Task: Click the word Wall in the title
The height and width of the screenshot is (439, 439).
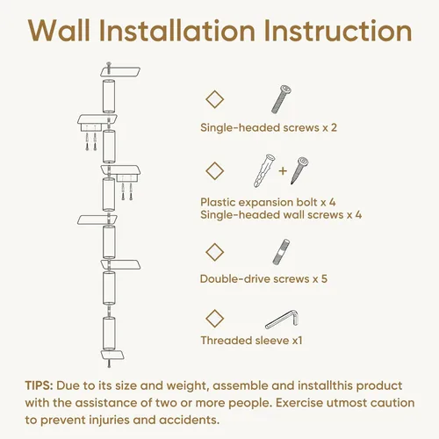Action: pyautogui.click(x=60, y=31)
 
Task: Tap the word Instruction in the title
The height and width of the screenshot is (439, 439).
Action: pyautogui.click(x=338, y=31)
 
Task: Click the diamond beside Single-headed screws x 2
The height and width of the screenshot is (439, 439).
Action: pyautogui.click(x=215, y=99)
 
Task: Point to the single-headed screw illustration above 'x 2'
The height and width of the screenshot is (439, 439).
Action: pyautogui.click(x=281, y=99)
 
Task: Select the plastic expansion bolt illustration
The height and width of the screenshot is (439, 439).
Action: pyautogui.click(x=264, y=170)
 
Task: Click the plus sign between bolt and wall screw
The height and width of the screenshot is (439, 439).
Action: pyautogui.click(x=283, y=170)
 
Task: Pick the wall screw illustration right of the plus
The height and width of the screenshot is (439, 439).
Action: pyautogui.click(x=299, y=170)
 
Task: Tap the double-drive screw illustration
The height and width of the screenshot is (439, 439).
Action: pyautogui.click(x=281, y=252)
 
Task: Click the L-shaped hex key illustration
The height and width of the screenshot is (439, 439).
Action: pyautogui.click(x=283, y=320)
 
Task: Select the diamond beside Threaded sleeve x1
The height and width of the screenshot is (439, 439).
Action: pyautogui.click(x=215, y=319)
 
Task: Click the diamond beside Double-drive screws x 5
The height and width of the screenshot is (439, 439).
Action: pyautogui.click(x=215, y=252)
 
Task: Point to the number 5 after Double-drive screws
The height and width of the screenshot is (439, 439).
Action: pyautogui.click(x=324, y=278)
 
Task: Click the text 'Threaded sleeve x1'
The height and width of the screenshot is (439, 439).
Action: pyautogui.click(x=251, y=341)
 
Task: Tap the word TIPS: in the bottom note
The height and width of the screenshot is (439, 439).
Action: pyautogui.click(x=39, y=385)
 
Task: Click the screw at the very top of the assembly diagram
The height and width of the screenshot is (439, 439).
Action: pyautogui.click(x=109, y=68)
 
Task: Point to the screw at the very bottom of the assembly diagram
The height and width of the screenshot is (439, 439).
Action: pyautogui.click(x=109, y=362)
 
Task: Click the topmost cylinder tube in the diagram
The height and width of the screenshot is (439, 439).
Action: pyautogui.click(x=109, y=96)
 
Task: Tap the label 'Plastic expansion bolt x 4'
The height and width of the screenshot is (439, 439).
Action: pyautogui.click(x=268, y=202)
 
